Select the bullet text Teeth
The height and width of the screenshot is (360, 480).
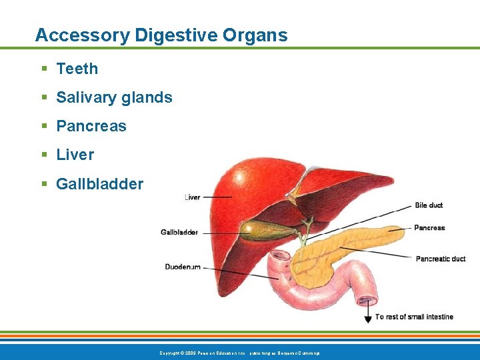(77, 69)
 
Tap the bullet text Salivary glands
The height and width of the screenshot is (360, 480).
(114, 97)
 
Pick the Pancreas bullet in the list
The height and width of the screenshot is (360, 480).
(91, 126)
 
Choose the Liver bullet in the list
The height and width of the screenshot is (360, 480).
(75, 155)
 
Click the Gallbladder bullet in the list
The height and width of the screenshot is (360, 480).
(99, 183)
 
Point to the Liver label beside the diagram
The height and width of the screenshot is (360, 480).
(192, 197)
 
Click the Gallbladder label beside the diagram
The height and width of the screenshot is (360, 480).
(179, 233)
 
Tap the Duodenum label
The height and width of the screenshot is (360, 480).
(183, 267)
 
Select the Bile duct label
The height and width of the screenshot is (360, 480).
(429, 205)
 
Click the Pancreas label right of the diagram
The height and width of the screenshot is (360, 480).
(429, 228)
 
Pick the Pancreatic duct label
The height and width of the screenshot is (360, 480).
(441, 259)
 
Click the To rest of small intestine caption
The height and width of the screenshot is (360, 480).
(414, 317)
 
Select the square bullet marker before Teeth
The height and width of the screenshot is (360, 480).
(44, 69)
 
